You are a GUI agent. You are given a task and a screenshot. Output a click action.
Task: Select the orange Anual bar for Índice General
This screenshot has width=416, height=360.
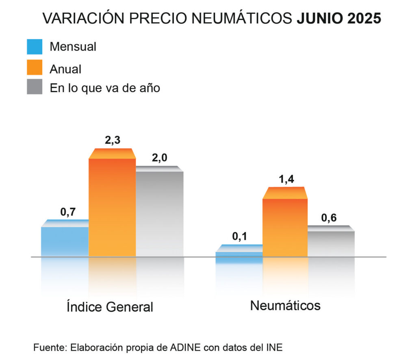point(112,207)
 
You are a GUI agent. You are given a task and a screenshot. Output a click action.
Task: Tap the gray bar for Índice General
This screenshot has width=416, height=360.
point(159,213)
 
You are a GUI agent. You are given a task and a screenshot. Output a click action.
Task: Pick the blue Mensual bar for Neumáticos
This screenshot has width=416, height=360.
point(238,253)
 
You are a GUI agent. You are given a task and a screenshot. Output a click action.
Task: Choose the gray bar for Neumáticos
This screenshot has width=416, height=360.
point(331,243)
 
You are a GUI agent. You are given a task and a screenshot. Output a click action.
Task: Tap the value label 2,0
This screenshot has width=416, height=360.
point(159,158)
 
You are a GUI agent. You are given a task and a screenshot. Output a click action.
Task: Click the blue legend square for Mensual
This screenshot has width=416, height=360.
point(35,47)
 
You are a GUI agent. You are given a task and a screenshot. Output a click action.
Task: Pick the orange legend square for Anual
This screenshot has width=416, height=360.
point(35,67)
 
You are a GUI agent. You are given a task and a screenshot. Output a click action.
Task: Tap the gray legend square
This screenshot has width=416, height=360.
point(35,87)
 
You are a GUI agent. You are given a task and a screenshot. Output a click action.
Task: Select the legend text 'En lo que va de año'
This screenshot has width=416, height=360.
point(105,88)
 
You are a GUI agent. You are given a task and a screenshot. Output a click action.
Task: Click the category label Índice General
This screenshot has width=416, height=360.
point(110,307)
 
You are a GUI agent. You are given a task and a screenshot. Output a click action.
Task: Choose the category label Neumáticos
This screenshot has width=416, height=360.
point(285,305)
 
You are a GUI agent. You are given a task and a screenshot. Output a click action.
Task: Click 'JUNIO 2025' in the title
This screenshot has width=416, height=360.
point(338,19)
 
